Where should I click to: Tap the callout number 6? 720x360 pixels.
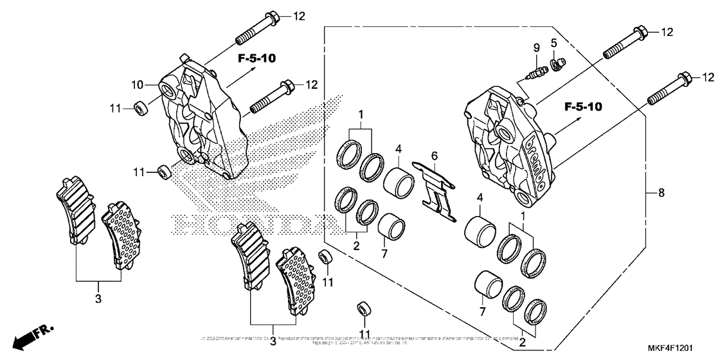click(435, 156)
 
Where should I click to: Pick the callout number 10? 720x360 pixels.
click(137, 84)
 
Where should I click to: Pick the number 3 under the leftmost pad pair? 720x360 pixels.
click(98, 300)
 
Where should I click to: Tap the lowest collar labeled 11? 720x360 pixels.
click(364, 309)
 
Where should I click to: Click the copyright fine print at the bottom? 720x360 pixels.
click(359, 340)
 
